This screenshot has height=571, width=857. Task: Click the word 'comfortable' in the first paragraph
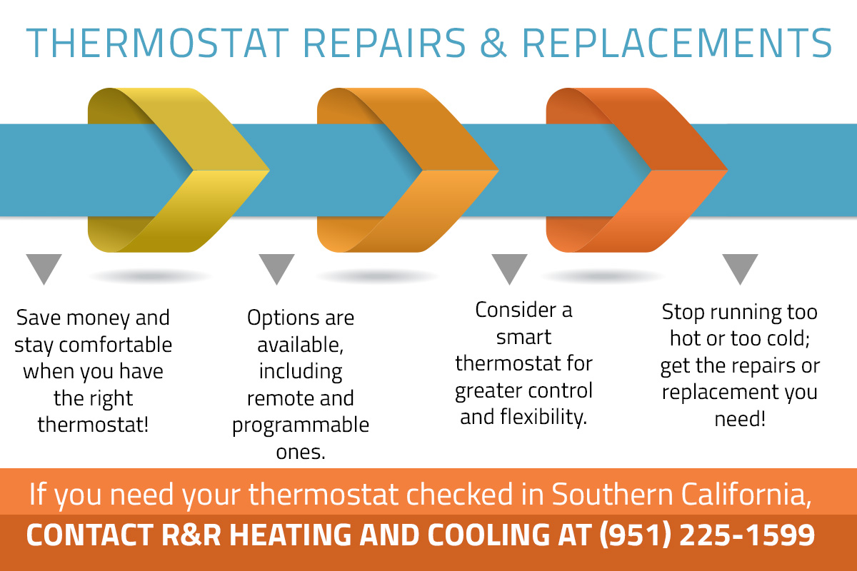click(x=115, y=345)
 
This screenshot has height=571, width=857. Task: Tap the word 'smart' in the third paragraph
click(x=523, y=338)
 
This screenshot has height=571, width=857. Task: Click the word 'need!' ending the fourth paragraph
click(x=740, y=419)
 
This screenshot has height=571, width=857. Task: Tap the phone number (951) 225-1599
click(x=707, y=535)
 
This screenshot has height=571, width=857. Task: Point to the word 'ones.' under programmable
click(x=301, y=452)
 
